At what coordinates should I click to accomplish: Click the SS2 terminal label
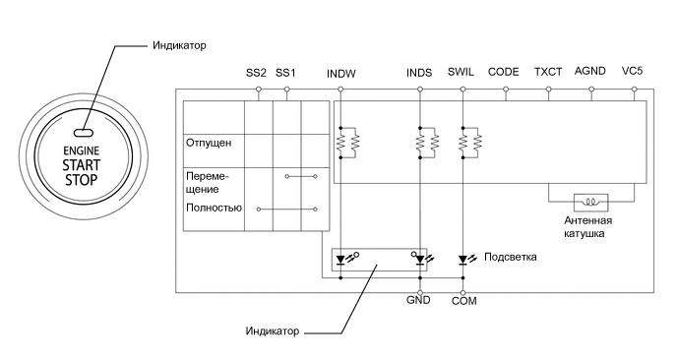[257, 74]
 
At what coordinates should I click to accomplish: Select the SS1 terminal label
[286, 74]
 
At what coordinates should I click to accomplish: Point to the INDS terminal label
[419, 74]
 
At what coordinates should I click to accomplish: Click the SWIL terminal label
[462, 74]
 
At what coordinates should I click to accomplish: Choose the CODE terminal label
[504, 74]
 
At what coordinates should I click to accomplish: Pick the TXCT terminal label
[548, 74]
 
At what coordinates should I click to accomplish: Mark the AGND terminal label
[590, 74]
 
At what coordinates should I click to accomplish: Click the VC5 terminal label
[633, 74]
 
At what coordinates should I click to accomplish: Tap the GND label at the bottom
[419, 301]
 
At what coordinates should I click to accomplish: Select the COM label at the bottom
[463, 301]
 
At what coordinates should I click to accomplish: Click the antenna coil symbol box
[591, 202]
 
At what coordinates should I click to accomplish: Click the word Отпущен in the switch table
[209, 144]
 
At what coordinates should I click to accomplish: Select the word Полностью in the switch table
[214, 209]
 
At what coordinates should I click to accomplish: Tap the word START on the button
[83, 164]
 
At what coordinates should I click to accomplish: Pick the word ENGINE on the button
[83, 149]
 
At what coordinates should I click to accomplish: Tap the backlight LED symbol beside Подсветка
[463, 261]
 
